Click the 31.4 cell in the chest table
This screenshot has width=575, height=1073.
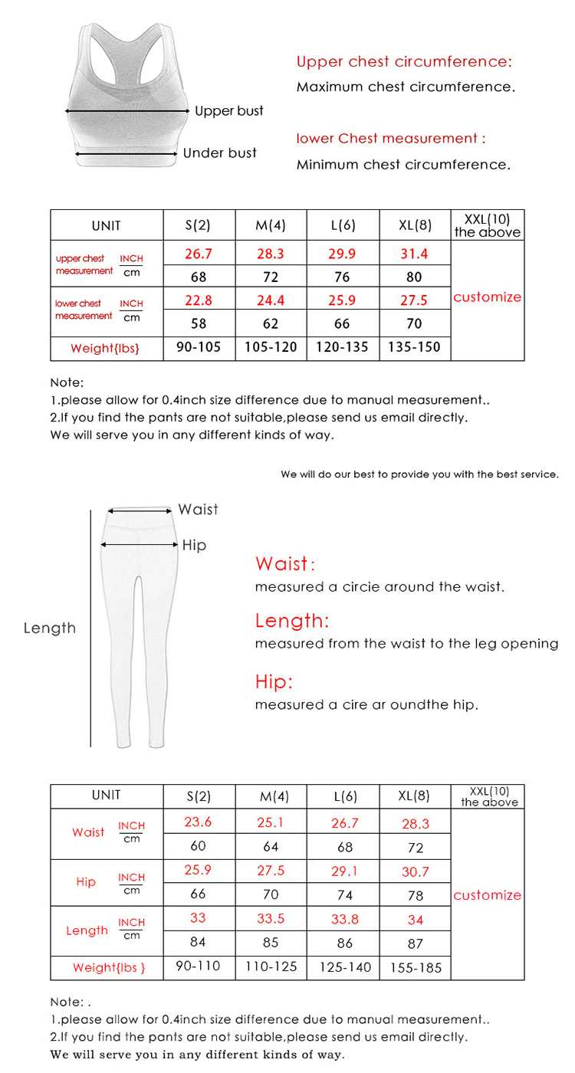tap(415, 254)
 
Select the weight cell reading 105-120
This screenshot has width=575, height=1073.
tap(271, 347)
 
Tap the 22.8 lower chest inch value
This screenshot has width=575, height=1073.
tap(198, 300)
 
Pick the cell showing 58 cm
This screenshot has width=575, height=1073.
tap(198, 323)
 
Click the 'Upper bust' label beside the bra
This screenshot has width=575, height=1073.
tap(228, 111)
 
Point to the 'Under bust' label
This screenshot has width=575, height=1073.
tap(220, 153)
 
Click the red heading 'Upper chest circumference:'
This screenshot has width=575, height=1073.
tap(404, 62)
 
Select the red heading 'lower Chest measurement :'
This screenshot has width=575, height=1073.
tap(391, 139)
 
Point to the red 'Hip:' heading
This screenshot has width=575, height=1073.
tap(274, 681)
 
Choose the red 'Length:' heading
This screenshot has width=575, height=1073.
tap(291, 620)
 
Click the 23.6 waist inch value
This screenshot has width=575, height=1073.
tap(198, 822)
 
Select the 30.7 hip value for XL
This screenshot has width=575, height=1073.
tap(415, 871)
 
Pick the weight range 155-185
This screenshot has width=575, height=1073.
tap(416, 967)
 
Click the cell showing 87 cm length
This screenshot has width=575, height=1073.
tap(415, 943)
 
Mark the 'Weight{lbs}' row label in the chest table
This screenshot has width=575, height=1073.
tap(106, 348)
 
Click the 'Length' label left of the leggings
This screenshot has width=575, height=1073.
tap(50, 628)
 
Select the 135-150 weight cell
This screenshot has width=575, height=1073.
tap(415, 347)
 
